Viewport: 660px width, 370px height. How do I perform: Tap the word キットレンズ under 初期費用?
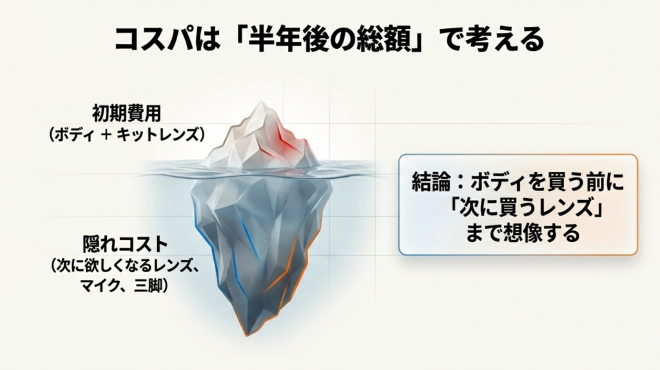pos(169,134)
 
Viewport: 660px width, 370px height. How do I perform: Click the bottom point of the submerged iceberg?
pos(246,333)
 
